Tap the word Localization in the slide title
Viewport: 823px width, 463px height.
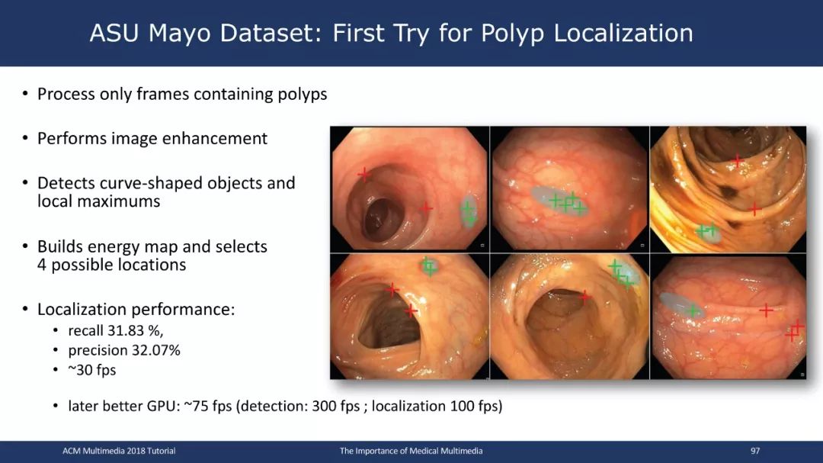pyautogui.click(x=623, y=33)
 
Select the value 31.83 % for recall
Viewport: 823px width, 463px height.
pyautogui.click(x=136, y=330)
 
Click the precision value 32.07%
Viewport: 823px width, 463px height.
pyautogui.click(x=152, y=351)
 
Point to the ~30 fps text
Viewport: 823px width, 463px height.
pyautogui.click(x=92, y=370)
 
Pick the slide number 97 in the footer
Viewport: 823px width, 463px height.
pyautogui.click(x=755, y=451)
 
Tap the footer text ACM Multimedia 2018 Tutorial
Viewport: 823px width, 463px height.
pyautogui.click(x=119, y=451)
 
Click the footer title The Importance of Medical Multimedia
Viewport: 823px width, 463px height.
pyautogui.click(x=411, y=451)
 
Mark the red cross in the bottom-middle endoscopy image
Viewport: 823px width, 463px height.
pyautogui.click(x=585, y=297)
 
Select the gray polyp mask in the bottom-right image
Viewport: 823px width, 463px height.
pyautogui.click(x=680, y=305)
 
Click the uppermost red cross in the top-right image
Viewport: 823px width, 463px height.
pyautogui.click(x=738, y=159)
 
